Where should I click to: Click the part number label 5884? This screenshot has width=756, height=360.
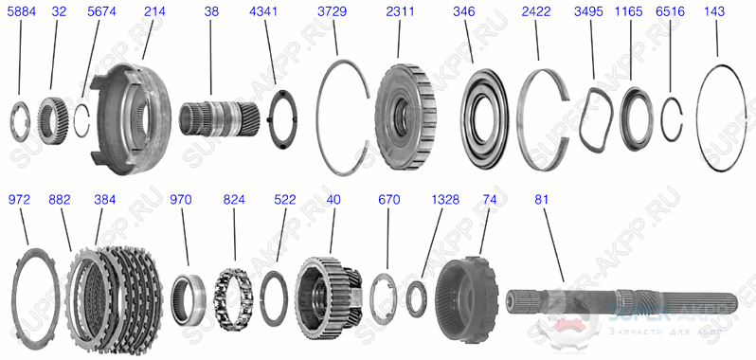point(19,12)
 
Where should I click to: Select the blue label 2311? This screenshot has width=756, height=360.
point(398,12)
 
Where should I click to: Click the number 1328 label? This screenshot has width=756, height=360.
point(445,201)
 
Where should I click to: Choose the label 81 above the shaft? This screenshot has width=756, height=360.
point(541,201)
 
